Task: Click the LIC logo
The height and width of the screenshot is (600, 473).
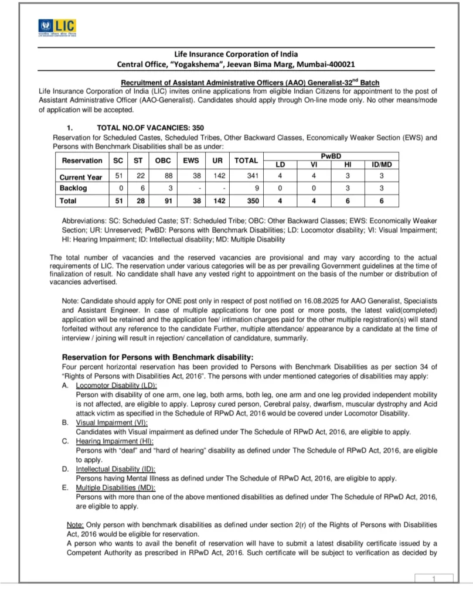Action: (x=57, y=27)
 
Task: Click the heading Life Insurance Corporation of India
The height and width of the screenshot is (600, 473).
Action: (x=236, y=54)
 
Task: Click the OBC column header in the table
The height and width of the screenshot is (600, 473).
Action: (x=163, y=161)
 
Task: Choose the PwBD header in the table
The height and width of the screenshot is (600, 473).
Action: (x=331, y=155)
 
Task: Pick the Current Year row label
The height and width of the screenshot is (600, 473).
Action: (x=81, y=177)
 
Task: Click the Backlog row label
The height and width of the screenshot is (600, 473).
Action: (x=73, y=188)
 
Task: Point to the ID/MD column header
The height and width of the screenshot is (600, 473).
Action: (x=382, y=165)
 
